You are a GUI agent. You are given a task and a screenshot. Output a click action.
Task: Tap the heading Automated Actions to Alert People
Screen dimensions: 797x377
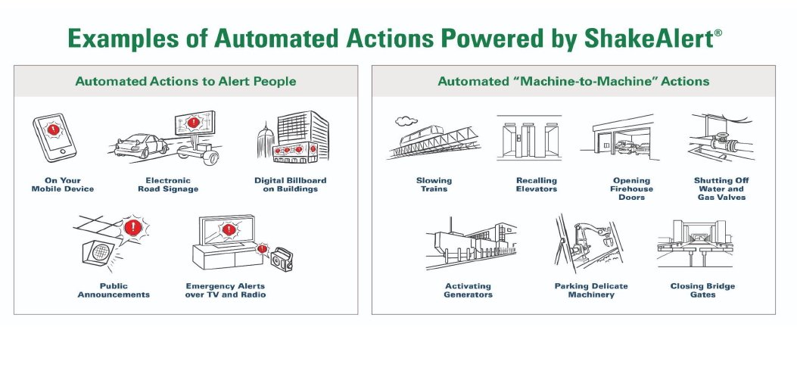coord(185,81)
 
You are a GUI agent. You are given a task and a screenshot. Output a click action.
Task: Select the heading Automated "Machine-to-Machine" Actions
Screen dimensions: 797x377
coord(574,81)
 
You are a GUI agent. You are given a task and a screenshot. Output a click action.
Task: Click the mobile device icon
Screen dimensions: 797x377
coord(54,138)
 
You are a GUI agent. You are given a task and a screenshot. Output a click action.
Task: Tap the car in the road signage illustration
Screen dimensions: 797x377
coord(141,146)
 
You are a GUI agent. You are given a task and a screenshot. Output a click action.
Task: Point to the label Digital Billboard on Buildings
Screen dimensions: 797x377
coord(290,185)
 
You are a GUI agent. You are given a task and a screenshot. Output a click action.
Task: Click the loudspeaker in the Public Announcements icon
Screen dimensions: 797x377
coord(100,252)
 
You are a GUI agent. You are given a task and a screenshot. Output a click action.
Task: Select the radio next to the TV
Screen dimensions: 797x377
coord(282,259)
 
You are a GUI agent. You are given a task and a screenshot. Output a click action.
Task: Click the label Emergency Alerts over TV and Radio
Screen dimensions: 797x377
coord(225,290)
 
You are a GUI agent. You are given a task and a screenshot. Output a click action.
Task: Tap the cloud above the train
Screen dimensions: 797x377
coord(406,120)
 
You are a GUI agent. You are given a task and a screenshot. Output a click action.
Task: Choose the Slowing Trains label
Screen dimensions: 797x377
coord(434,185)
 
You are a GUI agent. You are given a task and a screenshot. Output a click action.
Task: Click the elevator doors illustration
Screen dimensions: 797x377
coord(530,138)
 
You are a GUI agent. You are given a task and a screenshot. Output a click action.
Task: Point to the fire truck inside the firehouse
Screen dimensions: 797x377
coord(626,148)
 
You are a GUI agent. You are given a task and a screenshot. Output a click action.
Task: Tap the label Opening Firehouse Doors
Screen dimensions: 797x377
coord(631,188)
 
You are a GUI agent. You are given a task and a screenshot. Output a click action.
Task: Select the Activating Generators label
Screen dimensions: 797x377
coord(468,290)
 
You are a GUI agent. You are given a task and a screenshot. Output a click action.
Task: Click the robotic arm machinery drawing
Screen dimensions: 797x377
coord(590,243)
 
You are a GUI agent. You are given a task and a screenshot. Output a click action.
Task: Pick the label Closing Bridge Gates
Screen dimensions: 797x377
coord(702,290)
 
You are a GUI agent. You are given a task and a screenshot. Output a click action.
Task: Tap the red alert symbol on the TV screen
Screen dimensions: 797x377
coord(229,229)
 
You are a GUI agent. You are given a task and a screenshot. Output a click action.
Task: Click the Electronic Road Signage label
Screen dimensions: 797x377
coord(168,185)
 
